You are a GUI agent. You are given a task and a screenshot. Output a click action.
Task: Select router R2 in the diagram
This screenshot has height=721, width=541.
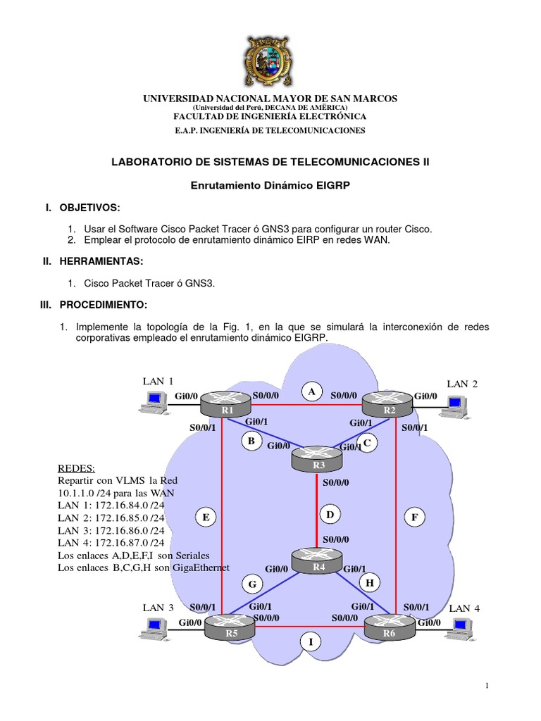[387, 406]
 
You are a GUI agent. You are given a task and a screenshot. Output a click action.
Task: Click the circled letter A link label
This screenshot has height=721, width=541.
[312, 390]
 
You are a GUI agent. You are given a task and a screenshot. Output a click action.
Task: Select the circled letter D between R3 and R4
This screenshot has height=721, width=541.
[329, 515]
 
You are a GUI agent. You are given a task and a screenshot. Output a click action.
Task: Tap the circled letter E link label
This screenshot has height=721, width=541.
[206, 518]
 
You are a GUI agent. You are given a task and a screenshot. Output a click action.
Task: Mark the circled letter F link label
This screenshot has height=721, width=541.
[415, 518]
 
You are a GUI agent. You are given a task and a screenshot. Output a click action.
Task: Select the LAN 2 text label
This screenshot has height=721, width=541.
[462, 384]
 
